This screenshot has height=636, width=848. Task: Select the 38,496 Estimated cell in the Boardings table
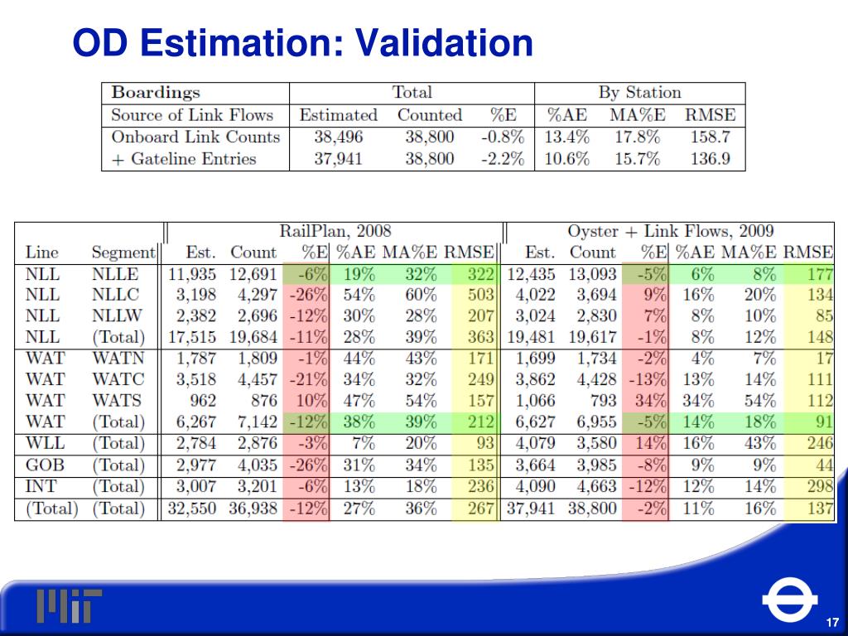coord(338,137)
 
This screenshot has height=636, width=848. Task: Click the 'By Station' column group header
coord(639,93)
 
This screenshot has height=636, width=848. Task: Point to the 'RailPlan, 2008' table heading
coord(335,231)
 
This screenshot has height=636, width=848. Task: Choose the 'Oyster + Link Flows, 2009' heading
coord(670,231)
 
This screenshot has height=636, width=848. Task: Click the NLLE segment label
coord(115,274)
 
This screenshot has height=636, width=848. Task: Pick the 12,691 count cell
coord(253,274)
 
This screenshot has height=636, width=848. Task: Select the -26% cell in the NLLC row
coord(308,295)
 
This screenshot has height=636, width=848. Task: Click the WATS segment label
coord(117,401)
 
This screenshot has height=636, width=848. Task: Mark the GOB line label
coord(45,465)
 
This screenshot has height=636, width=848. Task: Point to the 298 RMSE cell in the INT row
coord(820,486)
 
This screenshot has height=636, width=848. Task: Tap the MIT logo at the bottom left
coord(69,605)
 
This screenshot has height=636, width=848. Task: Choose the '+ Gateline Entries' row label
coord(184,158)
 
